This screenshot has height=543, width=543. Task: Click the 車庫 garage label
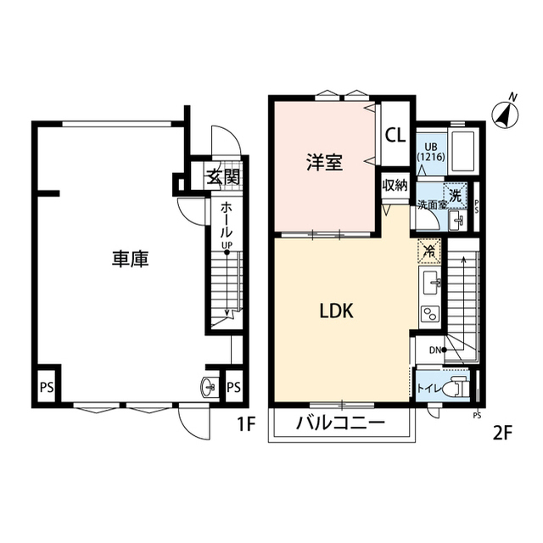click(130, 259)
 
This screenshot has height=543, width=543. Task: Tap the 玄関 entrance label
click(224, 177)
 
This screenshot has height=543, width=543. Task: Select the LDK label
click(336, 311)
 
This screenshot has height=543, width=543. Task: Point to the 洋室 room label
click(324, 162)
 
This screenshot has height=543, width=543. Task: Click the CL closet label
click(395, 135)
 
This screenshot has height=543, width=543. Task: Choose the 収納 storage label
click(395, 186)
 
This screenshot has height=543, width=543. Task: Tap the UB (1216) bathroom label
click(430, 152)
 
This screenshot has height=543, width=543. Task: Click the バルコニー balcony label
click(340, 423)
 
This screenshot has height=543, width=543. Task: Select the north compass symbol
click(506, 113)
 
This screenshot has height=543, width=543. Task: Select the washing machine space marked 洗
click(455, 195)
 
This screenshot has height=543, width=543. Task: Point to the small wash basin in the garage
click(210, 386)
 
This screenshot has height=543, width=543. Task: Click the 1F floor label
click(246, 424)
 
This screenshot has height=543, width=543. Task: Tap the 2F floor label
click(502, 433)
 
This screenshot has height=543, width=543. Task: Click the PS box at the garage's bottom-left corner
click(47, 386)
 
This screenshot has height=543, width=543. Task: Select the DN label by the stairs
click(435, 350)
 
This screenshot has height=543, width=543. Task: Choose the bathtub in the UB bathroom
click(463, 151)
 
